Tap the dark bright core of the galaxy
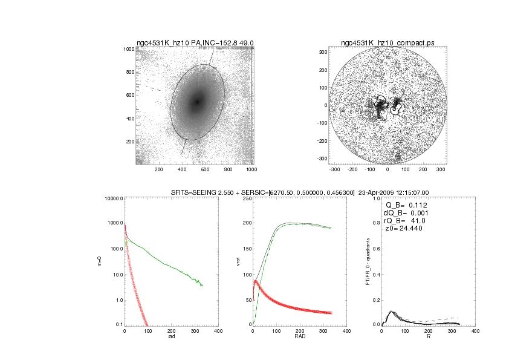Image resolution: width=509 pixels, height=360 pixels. [x=197, y=102]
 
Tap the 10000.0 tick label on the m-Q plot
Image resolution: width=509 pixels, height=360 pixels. [x=114, y=198]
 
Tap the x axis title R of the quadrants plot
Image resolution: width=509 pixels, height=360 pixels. [x=428, y=337]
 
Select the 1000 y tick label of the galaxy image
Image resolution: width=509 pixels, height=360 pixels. [x=128, y=49]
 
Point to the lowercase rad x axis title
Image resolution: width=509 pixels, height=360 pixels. [x=171, y=337]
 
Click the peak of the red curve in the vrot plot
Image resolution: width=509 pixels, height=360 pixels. [x=256, y=281]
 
